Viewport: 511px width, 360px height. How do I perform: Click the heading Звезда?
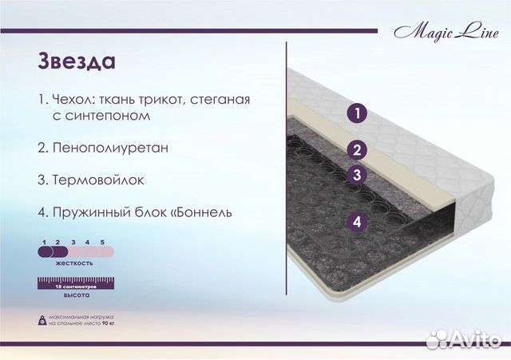(x=76, y=62)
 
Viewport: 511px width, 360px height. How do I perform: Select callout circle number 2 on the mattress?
(x=358, y=149)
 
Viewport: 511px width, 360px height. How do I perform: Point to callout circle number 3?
(x=358, y=175)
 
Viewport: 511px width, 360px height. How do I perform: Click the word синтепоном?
(x=100, y=116)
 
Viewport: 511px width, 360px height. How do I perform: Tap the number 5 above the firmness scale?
(x=103, y=240)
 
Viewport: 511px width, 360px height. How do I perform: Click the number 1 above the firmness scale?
(x=46, y=240)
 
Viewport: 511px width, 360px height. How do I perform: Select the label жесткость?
(x=75, y=262)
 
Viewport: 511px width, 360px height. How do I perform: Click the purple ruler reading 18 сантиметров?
(x=75, y=283)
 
